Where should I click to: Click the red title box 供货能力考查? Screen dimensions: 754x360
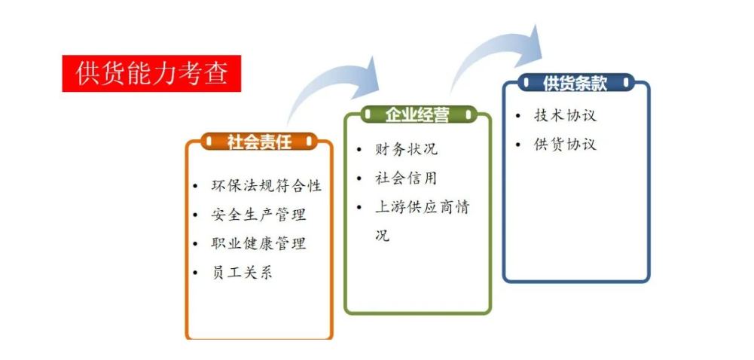151,74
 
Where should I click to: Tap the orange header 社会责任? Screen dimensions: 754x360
259,142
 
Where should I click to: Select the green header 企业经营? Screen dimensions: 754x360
417,114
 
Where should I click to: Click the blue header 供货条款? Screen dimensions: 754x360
575,83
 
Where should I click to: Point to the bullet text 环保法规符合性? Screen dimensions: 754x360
267,186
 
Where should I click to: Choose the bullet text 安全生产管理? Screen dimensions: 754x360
258,215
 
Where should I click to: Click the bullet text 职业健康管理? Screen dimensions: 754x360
258,244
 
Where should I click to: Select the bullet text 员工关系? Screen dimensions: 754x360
242,273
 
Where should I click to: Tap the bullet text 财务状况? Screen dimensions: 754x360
406,149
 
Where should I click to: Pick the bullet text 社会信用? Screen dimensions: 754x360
406,178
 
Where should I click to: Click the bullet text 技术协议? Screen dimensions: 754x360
565,116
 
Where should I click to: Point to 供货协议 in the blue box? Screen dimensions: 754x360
565,145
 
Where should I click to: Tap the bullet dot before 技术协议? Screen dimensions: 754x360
518,116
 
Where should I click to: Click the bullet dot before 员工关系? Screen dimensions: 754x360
195,273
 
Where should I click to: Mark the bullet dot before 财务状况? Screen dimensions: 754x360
359,150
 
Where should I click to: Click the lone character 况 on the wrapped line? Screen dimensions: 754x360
383,236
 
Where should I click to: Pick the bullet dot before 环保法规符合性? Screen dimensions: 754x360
195,187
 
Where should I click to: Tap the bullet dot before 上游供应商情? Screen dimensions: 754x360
359,208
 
